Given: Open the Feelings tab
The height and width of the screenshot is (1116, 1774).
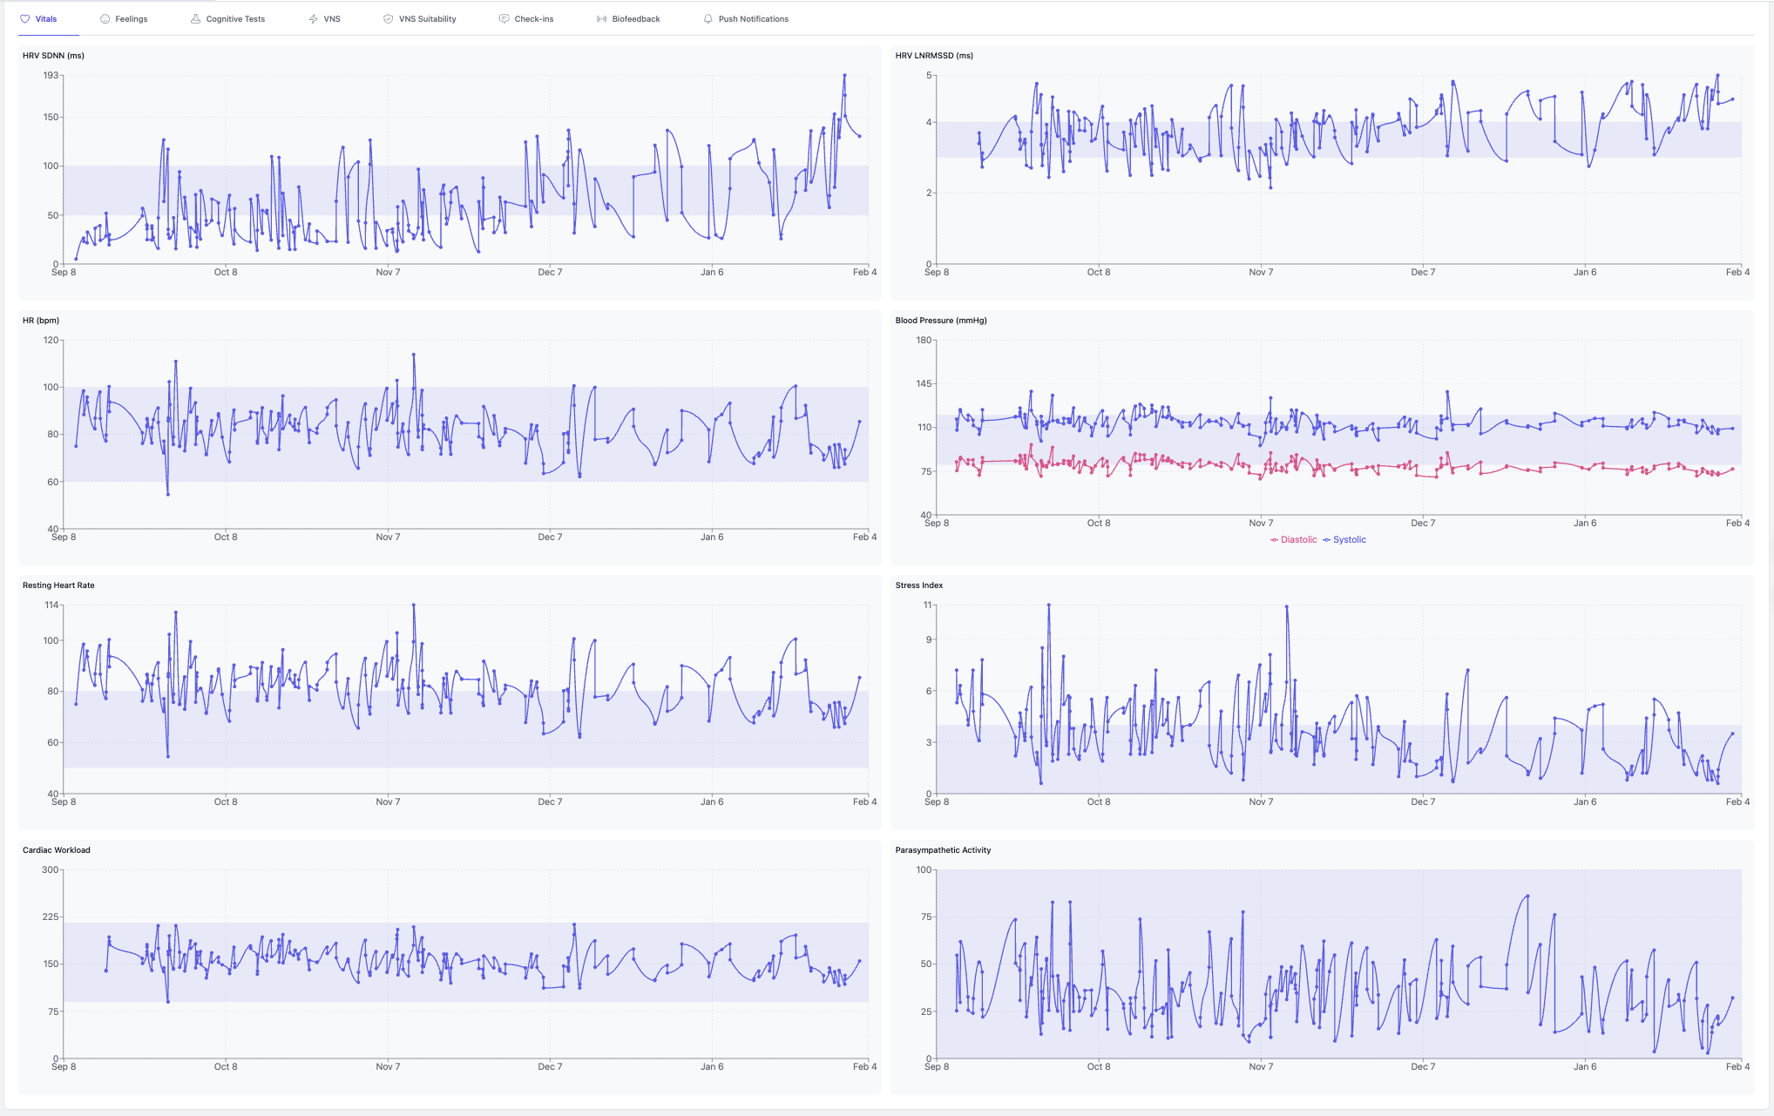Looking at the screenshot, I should [131, 19].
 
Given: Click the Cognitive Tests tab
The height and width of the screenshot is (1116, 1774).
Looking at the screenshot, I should [235, 19].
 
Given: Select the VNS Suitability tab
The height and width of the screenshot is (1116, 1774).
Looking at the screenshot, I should [427, 19].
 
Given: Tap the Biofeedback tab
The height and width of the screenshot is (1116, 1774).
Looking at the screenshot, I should [635, 19].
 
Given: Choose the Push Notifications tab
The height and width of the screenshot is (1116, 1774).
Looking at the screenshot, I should [753, 19].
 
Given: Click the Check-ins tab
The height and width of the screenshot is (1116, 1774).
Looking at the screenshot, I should [533, 19].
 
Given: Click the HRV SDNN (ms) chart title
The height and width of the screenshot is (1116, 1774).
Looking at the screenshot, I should [53, 56].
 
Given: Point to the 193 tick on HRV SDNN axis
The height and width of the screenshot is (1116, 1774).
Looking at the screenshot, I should [51, 76].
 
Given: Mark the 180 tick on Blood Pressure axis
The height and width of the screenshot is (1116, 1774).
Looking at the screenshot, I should [924, 341].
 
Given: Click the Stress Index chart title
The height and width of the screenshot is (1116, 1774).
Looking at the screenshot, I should [919, 585].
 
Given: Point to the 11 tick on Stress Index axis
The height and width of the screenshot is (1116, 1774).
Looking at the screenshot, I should [927, 605].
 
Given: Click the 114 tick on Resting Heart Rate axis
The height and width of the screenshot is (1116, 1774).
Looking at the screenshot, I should [51, 605].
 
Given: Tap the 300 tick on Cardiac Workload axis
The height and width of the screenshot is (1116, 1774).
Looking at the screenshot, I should [51, 870].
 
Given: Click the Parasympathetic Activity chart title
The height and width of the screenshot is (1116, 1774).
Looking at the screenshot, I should [943, 850].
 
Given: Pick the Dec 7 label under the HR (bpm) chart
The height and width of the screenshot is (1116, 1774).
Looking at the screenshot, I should [550, 538].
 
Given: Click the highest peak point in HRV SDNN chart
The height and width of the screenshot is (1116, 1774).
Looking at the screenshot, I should [844, 76].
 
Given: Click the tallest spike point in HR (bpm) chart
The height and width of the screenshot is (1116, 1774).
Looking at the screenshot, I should [414, 355].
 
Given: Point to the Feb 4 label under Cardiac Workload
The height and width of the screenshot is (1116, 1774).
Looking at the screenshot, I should [864, 1067].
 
